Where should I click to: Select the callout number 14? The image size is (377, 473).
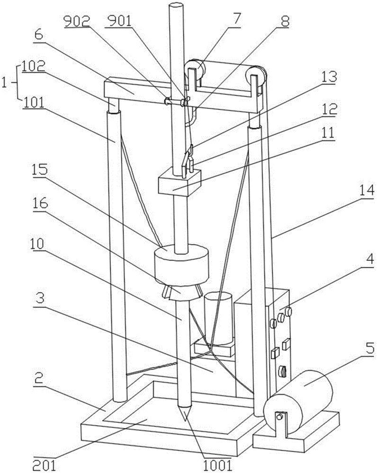pyautogui.click(x=366, y=191)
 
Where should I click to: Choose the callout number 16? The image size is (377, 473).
pyautogui.click(x=40, y=203)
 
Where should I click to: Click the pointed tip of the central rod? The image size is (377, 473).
pyautogui.click(x=184, y=420)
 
